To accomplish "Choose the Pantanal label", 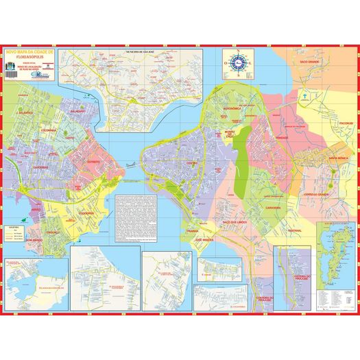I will [296, 230].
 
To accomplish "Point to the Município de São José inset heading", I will [143, 51].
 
